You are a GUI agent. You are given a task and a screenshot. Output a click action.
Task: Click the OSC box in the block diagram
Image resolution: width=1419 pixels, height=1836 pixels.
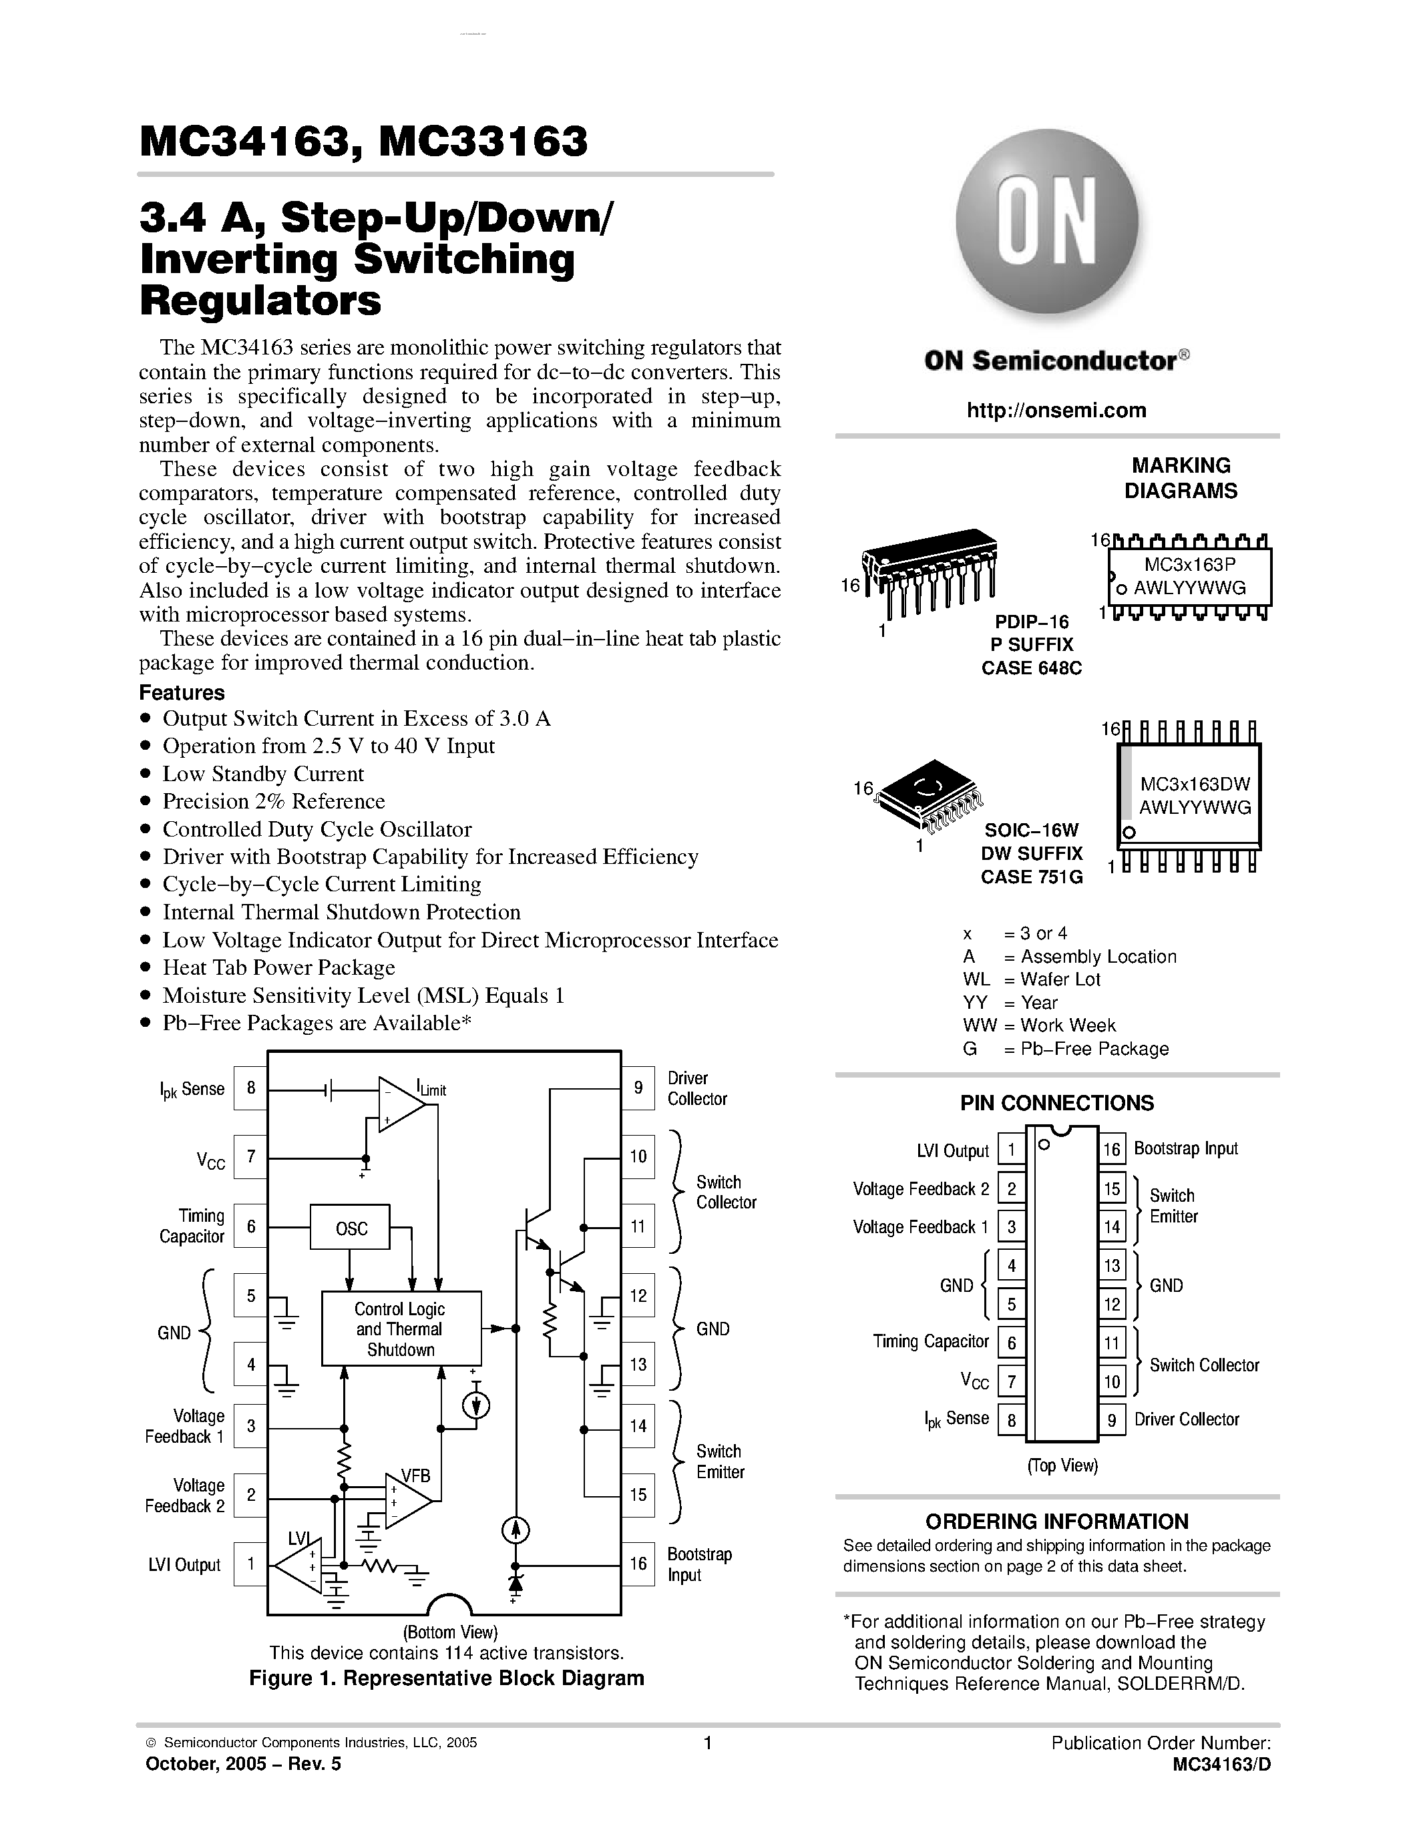pyautogui.click(x=351, y=1228)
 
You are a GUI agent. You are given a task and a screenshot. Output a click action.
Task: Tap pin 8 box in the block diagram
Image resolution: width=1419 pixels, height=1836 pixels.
pyautogui.click(x=250, y=1088)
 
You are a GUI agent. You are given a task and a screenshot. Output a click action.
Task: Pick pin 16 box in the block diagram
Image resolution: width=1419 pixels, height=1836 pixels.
pyautogui.click(x=638, y=1564)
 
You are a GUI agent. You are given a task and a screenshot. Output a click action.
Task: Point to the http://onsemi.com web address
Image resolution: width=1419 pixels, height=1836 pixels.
pyautogui.click(x=1056, y=410)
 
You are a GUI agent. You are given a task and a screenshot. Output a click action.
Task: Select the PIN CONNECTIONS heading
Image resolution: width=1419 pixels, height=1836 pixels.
pyautogui.click(x=1056, y=1103)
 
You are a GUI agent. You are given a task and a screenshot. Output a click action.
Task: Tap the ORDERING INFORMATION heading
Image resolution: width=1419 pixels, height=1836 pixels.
pyautogui.click(x=1056, y=1522)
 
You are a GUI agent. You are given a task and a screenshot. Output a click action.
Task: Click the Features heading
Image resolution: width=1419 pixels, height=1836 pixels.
pyautogui.click(x=182, y=693)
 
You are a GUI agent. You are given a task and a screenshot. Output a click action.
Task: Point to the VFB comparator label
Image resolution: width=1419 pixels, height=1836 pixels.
pyautogui.click(x=415, y=1475)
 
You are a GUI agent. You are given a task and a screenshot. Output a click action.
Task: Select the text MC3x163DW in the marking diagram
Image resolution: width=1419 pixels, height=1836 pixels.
pyautogui.click(x=1195, y=784)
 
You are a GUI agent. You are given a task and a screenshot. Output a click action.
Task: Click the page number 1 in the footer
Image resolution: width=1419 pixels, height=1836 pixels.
pyautogui.click(x=708, y=1743)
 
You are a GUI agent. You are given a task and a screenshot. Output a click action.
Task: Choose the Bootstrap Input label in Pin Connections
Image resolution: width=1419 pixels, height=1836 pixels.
pyautogui.click(x=1185, y=1148)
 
